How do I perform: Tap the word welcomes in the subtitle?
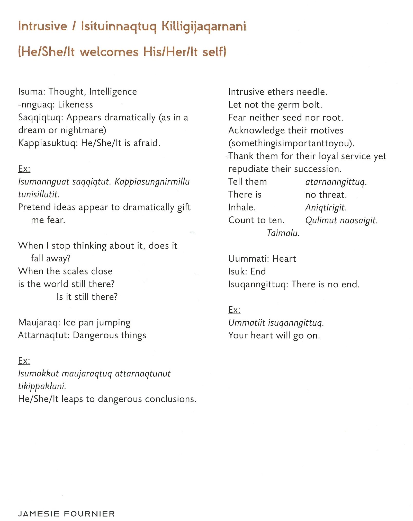coord(109,52)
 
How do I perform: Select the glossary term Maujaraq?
coord(39,323)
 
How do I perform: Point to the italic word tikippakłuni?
coord(42,386)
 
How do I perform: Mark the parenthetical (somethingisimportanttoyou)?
coord(291,143)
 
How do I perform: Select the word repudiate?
coord(248,169)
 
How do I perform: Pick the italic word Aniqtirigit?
coord(326,208)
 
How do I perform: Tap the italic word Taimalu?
coord(283,233)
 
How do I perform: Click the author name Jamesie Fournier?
coord(66,514)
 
